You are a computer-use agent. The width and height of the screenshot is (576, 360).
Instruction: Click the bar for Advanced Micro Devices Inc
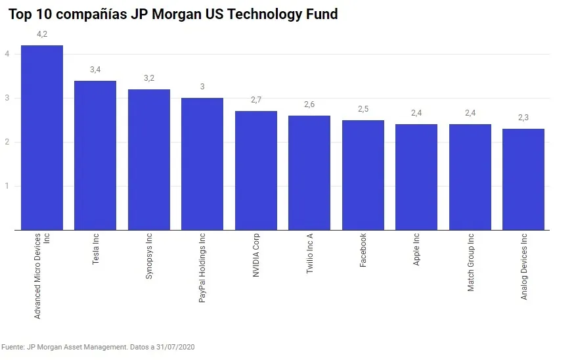(x=42, y=138)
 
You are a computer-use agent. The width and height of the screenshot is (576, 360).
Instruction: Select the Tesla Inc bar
(x=95, y=156)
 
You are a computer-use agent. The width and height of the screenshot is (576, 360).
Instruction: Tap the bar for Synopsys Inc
(x=149, y=160)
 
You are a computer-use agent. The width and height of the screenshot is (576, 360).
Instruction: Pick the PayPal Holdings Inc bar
(x=202, y=164)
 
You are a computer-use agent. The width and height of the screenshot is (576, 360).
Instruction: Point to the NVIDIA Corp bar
(x=256, y=171)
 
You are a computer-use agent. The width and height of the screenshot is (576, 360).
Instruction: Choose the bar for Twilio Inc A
(x=309, y=173)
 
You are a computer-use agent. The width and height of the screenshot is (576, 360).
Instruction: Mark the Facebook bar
(x=363, y=175)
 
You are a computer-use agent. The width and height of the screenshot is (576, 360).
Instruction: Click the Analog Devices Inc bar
(x=523, y=179)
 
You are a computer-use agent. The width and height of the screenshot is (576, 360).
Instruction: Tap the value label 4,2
(x=42, y=34)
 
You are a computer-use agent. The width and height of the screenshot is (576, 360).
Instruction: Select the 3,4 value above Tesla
(x=95, y=70)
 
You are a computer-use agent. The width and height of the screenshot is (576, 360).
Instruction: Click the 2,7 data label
(x=256, y=100)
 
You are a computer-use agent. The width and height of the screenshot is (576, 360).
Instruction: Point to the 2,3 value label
(x=523, y=118)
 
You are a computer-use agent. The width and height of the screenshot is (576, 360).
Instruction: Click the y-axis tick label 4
(x=7, y=54)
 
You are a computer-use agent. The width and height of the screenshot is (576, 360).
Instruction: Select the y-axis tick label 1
(x=7, y=186)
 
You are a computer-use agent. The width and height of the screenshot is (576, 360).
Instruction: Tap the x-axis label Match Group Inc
(x=471, y=262)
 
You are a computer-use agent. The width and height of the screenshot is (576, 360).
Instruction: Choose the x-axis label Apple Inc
(x=417, y=250)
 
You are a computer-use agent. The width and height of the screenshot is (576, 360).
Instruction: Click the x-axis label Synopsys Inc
(x=149, y=257)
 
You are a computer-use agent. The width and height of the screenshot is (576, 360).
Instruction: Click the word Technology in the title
(x=248, y=14)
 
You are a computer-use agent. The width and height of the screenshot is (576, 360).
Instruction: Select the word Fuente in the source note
(x=12, y=346)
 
